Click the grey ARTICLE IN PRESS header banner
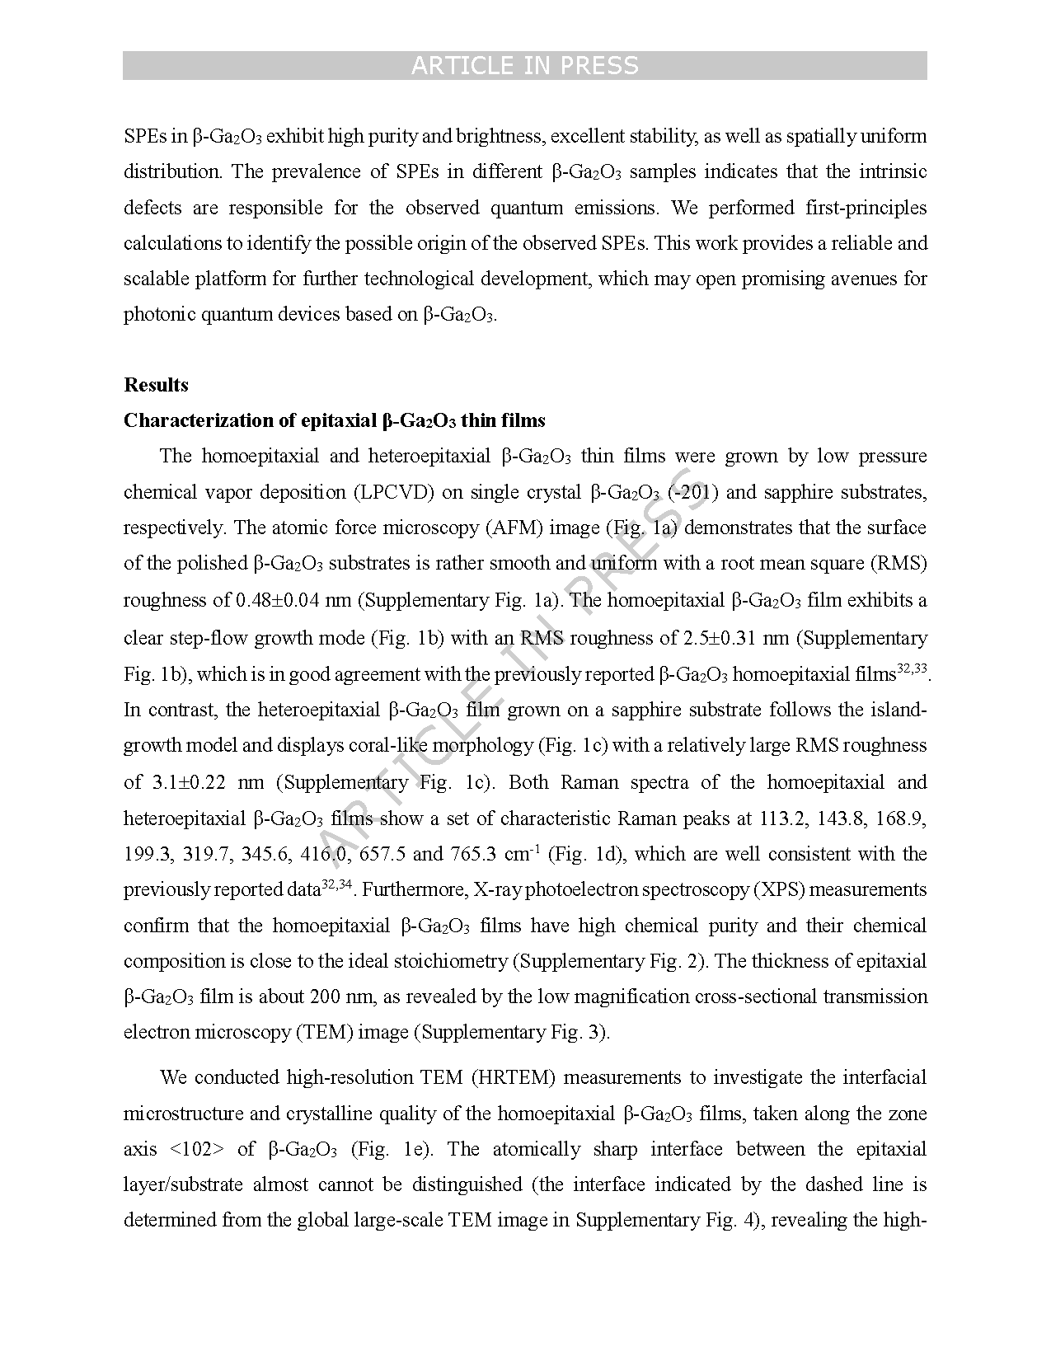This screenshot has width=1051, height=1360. click(524, 66)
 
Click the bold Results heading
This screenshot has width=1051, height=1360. click(156, 385)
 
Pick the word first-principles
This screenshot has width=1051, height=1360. click(866, 207)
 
